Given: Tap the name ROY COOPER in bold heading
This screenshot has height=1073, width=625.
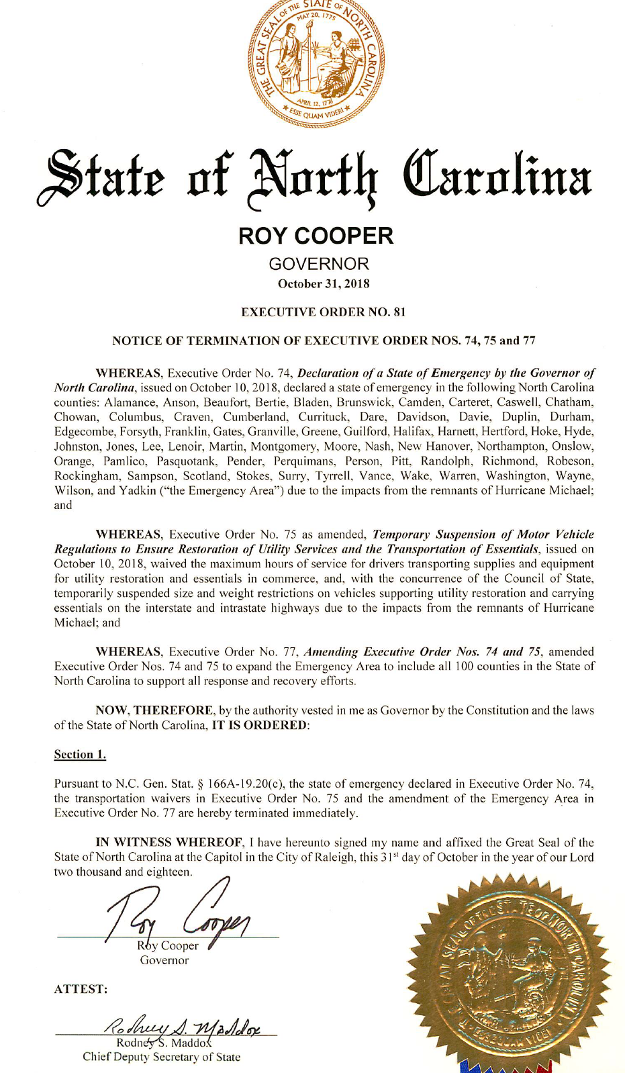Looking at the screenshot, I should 316,236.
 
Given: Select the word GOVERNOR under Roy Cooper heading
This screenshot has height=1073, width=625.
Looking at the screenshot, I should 319,264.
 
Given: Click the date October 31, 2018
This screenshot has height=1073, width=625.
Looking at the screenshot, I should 324,283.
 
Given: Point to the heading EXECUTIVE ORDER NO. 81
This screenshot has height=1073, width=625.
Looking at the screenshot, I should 323,312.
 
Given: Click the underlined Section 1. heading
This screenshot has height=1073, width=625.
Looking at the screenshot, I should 80,754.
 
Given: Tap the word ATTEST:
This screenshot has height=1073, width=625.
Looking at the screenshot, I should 81,989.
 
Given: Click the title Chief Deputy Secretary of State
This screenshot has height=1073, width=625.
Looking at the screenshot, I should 161,1057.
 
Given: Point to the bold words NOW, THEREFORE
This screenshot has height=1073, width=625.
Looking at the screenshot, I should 154,710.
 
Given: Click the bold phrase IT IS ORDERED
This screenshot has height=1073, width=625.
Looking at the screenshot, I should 260,725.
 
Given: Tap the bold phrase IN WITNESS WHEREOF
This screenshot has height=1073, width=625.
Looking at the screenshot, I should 169,842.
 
